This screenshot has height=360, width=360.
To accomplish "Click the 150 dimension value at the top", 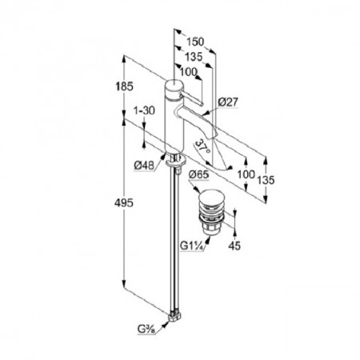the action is (195, 42).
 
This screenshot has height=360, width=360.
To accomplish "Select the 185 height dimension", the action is (124, 86).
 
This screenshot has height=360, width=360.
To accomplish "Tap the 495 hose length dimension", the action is (124, 203).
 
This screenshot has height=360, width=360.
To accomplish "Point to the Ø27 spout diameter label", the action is (228, 102).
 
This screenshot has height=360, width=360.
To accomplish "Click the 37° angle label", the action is (203, 147).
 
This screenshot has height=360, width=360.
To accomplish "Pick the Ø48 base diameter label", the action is (144, 166).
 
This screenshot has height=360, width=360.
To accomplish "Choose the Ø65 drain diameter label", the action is (198, 175).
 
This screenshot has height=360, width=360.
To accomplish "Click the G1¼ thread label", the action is (192, 246).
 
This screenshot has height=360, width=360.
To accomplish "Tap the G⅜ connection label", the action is (146, 330).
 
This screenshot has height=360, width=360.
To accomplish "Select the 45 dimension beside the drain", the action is (234, 246).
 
